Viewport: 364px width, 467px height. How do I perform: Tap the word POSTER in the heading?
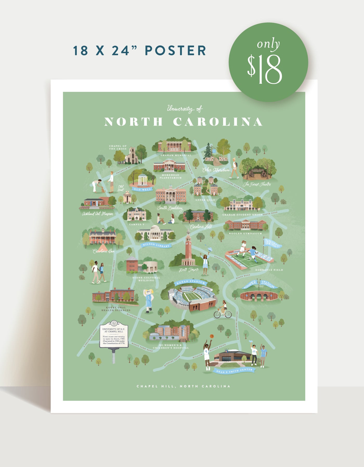[x=175, y=51]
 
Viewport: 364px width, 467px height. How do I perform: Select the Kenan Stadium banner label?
[x=191, y=282]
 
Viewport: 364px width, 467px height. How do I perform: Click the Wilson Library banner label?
[x=156, y=245]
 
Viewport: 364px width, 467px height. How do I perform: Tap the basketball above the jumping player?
[x=212, y=336]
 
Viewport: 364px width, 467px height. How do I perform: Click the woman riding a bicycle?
[x=223, y=309]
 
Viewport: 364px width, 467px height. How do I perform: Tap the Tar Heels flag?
[x=272, y=244]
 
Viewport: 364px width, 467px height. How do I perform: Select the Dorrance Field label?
[x=269, y=270]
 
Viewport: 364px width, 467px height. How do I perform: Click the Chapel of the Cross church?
[x=132, y=156]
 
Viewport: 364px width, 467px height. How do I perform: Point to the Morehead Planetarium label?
[x=171, y=176]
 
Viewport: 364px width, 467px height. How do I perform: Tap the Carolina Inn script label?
[x=104, y=251]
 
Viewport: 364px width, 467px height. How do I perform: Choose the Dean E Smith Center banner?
[x=234, y=371]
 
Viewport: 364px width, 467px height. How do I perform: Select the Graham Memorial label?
[x=176, y=155]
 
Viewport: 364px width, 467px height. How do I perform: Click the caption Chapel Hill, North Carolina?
[x=184, y=386]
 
